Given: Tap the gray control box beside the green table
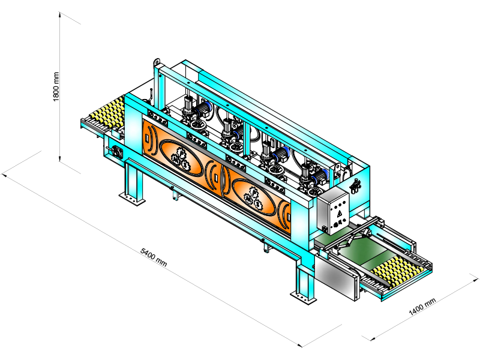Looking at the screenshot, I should click(332, 210).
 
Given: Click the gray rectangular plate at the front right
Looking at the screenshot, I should click(336, 276).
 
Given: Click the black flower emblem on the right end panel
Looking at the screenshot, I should click(356, 185).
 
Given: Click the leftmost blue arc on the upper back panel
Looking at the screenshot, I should click(207, 107).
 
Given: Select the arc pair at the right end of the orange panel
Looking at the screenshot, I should click(286, 214).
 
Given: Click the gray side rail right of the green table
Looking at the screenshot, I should click(398, 238).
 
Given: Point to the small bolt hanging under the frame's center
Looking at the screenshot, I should click(263, 245).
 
